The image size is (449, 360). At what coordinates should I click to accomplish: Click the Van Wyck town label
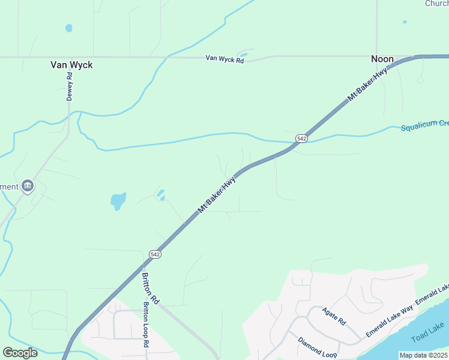(71, 65)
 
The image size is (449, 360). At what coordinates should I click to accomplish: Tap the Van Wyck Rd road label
(224, 58)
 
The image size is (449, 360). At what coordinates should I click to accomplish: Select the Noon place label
(382, 59)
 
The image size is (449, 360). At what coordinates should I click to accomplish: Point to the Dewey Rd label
(70, 86)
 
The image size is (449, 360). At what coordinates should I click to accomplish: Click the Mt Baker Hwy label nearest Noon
(367, 85)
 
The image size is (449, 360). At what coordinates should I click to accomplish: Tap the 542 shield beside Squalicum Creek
(301, 139)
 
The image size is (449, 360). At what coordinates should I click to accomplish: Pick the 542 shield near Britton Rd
(155, 254)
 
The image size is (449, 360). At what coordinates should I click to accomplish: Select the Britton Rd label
(150, 287)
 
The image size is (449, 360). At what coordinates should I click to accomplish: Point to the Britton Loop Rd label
(145, 324)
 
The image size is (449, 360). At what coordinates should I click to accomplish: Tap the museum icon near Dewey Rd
(27, 186)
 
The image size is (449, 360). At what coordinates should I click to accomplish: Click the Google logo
(20, 353)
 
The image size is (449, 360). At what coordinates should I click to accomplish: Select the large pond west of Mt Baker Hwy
(118, 200)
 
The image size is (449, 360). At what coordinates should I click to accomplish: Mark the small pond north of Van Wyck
(68, 28)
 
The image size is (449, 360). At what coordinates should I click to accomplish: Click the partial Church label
(436, 4)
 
